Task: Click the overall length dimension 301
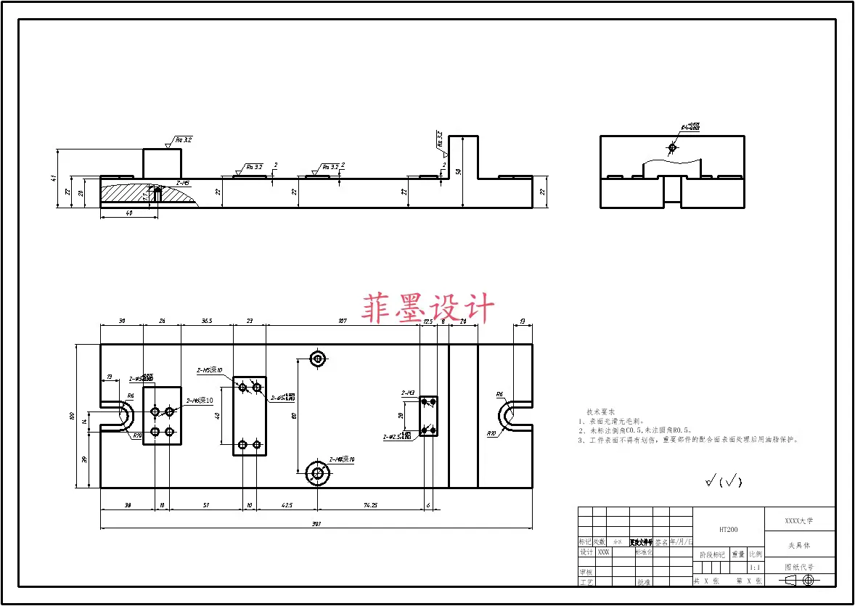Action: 316,523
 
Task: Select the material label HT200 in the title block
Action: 729,530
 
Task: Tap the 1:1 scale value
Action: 755,568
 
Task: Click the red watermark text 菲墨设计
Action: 428,308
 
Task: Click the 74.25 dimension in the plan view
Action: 370,504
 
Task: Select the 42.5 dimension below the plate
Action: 287,504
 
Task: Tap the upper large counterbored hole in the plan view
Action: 317,358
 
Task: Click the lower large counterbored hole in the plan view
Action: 317,473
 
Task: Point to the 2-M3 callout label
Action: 408,393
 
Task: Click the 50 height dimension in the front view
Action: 459,171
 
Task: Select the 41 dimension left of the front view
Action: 54,179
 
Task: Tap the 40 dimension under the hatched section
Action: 128,213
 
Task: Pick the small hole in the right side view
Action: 672,148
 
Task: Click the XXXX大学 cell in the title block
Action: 799,520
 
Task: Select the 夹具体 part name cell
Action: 799,545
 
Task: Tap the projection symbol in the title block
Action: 799,580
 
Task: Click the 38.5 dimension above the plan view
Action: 207,320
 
